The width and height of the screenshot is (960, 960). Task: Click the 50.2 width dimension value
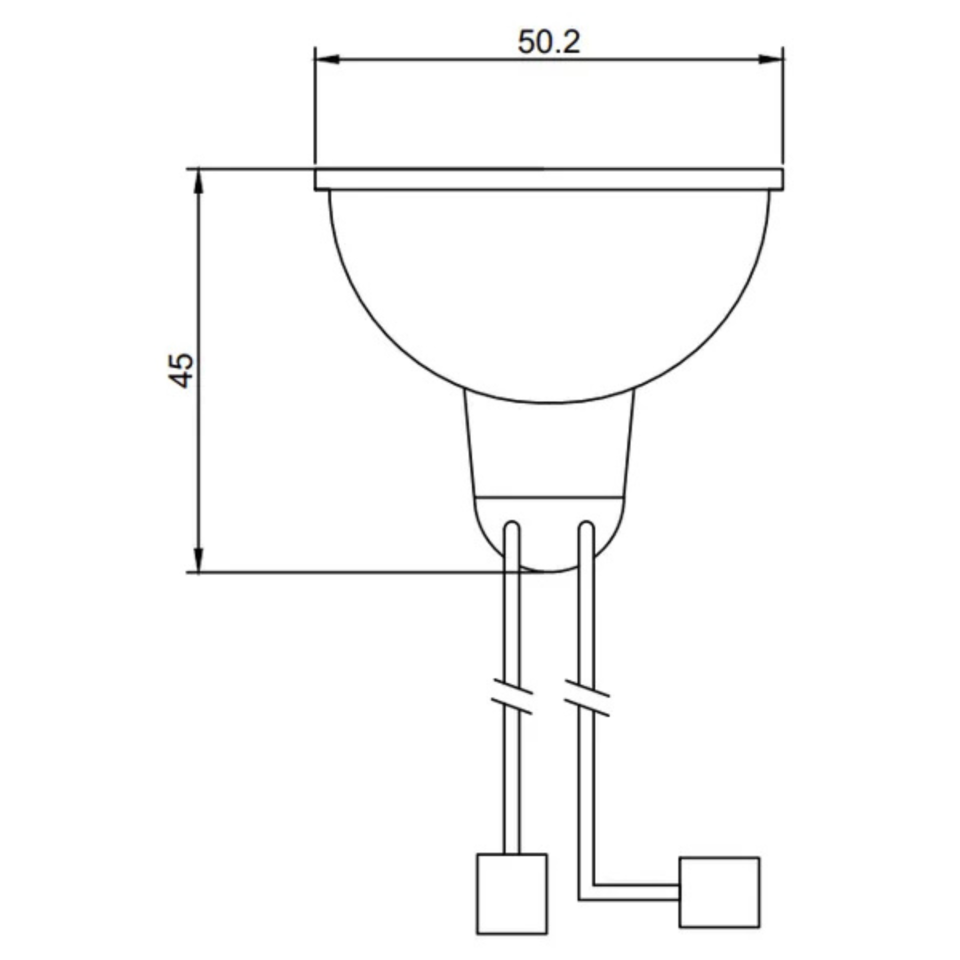point(548,41)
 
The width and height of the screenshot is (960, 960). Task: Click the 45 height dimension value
point(181,370)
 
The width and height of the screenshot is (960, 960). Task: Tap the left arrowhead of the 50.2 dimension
point(325,60)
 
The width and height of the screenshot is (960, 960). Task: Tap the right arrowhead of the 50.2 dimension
point(773,60)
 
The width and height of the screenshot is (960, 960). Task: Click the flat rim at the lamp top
point(548,179)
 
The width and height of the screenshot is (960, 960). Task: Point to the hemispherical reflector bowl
point(548,293)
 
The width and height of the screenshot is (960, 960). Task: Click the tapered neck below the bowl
point(548,449)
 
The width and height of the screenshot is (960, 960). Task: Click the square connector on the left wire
point(511,893)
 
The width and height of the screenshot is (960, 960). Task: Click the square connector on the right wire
point(719,892)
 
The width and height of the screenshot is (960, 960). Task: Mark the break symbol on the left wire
point(512,699)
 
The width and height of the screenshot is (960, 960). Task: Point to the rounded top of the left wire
point(512,528)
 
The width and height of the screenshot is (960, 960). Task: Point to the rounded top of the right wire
point(586,528)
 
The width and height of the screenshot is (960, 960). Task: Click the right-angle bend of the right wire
point(587,892)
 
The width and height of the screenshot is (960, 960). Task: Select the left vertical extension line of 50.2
point(316,107)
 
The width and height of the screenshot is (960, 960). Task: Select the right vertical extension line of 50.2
point(783,107)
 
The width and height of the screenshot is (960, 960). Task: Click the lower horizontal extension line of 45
point(356,572)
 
